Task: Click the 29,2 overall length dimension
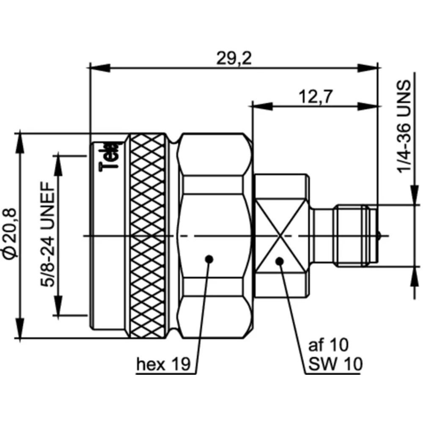(x=233, y=58)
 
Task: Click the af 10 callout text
(x=328, y=345)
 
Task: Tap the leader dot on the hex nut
(x=208, y=259)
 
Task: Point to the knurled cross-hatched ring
(x=147, y=236)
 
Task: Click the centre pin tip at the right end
(x=379, y=235)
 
